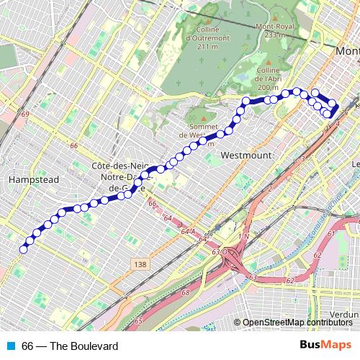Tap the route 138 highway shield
[x=140, y=266]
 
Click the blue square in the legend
[x=10, y=346]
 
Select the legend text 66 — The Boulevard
[x=70, y=346]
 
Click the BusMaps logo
[x=326, y=346]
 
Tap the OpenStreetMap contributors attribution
[x=297, y=323]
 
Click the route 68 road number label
[x=186, y=292]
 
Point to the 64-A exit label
[x=189, y=231]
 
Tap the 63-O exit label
[x=220, y=252]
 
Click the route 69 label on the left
[x=27, y=114]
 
